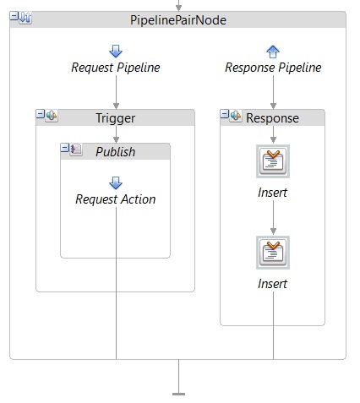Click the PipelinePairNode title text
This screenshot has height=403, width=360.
coord(178,20)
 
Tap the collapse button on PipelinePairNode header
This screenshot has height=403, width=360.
coord(14,16)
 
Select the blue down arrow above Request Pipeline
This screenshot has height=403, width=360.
coord(116,52)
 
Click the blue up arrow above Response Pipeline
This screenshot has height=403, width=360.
coord(273,52)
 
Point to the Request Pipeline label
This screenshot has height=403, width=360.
coord(116,68)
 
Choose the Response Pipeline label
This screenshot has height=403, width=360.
coord(273,68)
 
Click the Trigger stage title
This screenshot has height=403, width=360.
coord(116,118)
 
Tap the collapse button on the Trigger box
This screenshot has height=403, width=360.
coord(41,114)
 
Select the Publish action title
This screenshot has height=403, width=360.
coord(116,152)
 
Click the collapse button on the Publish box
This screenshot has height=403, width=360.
coord(64,148)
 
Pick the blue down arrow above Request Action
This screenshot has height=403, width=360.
coord(116,183)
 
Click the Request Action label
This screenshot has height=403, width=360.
coord(116,199)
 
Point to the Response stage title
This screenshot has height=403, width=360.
coord(272,118)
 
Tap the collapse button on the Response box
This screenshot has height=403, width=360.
coord(224,114)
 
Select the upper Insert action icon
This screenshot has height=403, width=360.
coord(273,161)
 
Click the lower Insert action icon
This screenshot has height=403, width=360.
coord(273,253)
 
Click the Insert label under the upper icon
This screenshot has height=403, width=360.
coord(272,193)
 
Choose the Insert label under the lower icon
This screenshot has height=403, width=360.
coord(272,284)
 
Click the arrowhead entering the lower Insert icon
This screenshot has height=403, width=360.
coord(273,231)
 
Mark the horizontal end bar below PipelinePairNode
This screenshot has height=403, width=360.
coord(178,394)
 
